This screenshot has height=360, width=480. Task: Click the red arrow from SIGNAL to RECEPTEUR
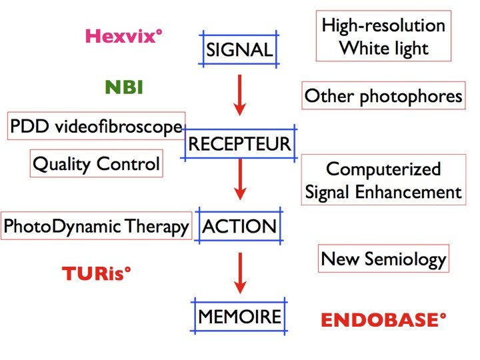(240, 95)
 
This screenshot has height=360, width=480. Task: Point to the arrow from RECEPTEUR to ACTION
(240, 179)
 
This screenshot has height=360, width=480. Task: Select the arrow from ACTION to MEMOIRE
(240, 273)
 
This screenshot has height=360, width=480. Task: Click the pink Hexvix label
(124, 36)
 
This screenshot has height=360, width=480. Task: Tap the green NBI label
(124, 87)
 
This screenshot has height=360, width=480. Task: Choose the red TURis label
(97, 273)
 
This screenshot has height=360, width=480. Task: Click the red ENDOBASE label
(383, 319)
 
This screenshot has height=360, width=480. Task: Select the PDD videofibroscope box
(96, 126)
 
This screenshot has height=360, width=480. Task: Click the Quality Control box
(97, 163)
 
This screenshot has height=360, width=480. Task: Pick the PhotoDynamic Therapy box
(97, 225)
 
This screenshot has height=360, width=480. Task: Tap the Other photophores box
(383, 95)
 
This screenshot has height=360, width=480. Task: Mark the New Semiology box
(383, 259)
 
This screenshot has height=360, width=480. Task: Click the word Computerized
(383, 169)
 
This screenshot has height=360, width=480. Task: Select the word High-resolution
(383, 25)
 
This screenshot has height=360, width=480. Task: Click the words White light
(383, 49)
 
